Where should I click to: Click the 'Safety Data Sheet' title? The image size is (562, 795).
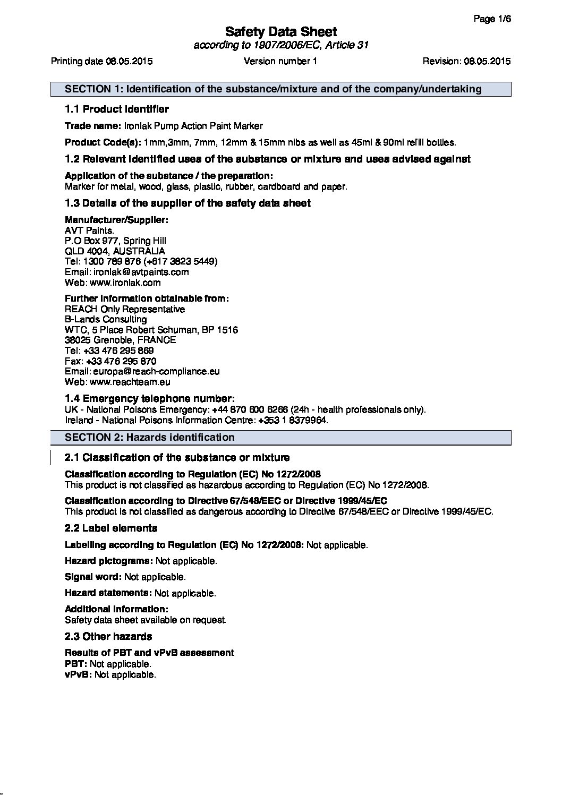click(x=280, y=31)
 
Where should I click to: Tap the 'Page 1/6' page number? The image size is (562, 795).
click(x=492, y=19)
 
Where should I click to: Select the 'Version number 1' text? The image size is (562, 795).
click(x=280, y=61)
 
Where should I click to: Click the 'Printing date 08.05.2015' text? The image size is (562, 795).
click(x=101, y=61)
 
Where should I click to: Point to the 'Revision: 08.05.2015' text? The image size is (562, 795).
click(x=466, y=61)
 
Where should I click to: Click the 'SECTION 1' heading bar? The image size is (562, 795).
click(x=280, y=89)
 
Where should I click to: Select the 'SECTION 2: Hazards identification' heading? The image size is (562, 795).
click(x=149, y=438)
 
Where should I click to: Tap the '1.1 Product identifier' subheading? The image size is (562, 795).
click(x=116, y=109)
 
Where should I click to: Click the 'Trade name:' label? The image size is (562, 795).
click(x=93, y=126)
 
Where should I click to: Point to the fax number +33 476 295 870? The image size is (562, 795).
click(x=121, y=361)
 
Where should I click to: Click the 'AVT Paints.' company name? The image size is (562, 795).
click(x=89, y=230)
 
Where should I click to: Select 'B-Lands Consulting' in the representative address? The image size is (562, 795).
click(x=106, y=319)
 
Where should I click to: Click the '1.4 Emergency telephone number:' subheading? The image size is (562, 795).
click(x=149, y=399)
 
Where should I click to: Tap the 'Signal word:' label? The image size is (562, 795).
click(x=93, y=577)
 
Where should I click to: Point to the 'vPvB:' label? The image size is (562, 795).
click(x=78, y=675)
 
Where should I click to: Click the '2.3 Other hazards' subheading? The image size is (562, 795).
click(x=108, y=636)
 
